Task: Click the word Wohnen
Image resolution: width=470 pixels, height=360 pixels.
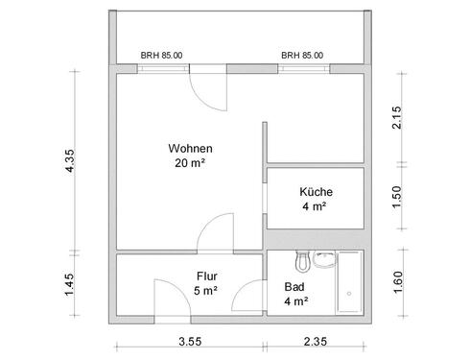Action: pos(190,149)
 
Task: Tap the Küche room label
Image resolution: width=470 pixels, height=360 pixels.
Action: pos(315,191)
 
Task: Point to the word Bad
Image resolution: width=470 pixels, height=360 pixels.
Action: pos(294,286)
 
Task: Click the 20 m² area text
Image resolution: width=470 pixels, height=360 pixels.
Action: pos(190,163)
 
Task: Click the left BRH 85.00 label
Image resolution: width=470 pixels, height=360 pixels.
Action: pos(161,56)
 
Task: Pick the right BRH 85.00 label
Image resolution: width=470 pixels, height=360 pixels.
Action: pos(302,56)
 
